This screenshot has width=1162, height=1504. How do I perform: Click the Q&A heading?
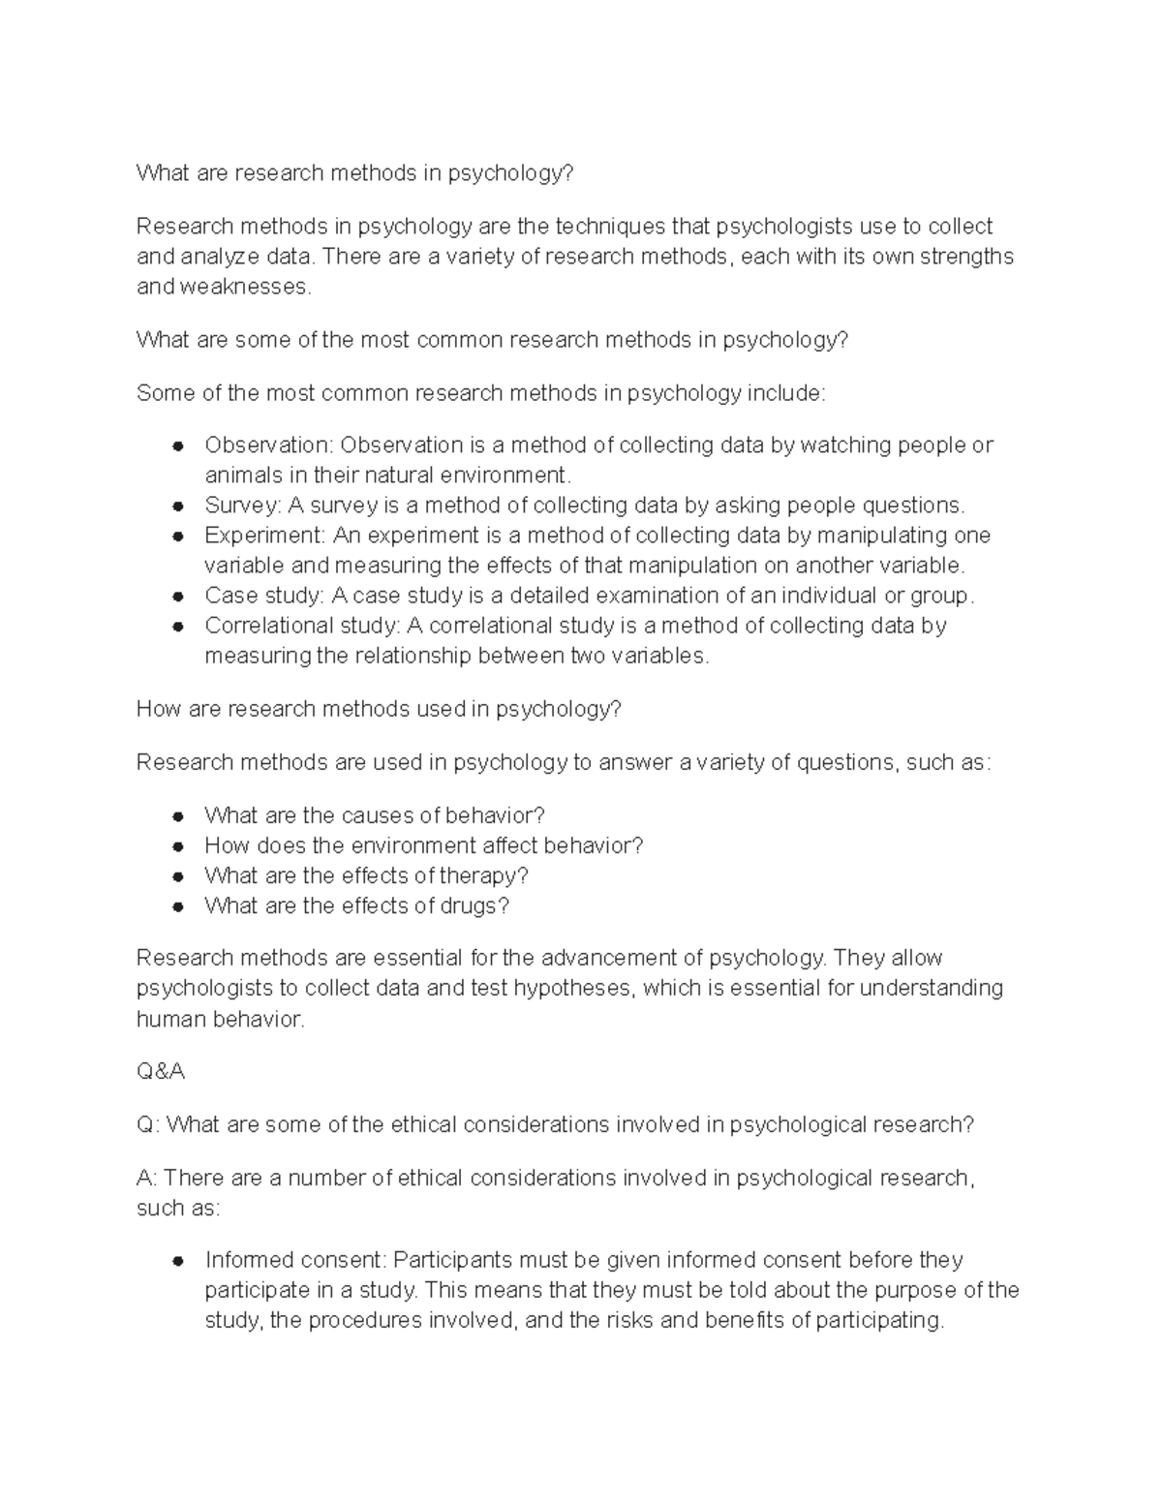[160, 1072]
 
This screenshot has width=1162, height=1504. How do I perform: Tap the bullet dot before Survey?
[177, 506]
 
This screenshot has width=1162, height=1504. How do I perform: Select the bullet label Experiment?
[265, 536]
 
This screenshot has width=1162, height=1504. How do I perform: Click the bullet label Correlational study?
[303, 626]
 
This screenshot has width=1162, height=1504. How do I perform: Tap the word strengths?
[966, 257]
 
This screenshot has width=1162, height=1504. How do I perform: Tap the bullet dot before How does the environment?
[177, 846]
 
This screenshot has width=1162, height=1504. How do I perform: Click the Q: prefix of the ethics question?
[147, 1125]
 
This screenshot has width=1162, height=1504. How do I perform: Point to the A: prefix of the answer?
[147, 1179]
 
